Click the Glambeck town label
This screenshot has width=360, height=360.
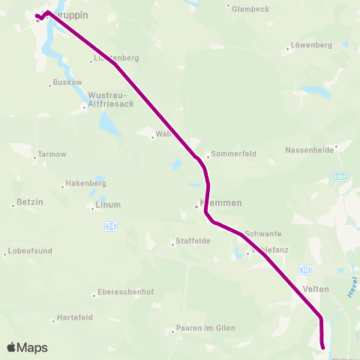(250, 9)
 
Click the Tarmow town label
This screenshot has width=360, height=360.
(52, 154)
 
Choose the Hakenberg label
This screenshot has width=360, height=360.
(85, 183)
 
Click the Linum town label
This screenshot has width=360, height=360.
(108, 204)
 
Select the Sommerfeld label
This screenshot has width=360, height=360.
(233, 154)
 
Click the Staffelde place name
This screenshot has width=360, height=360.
(192, 241)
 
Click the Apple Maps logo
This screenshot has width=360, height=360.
(28, 347)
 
